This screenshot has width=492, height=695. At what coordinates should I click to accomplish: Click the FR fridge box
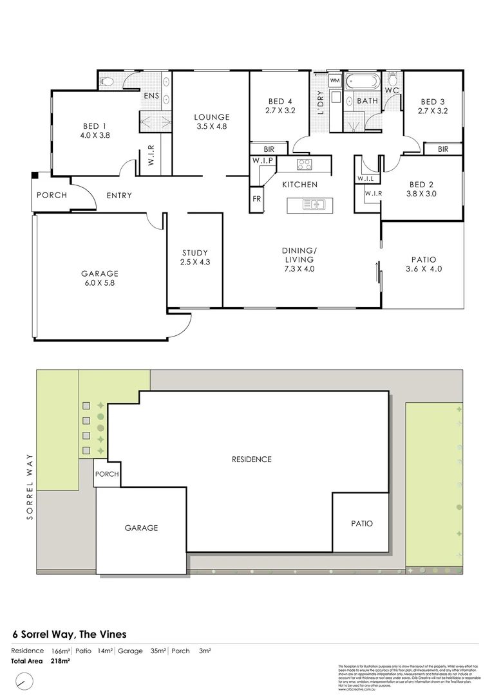click(x=256, y=199)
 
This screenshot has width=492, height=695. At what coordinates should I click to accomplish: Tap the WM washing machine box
click(x=335, y=81)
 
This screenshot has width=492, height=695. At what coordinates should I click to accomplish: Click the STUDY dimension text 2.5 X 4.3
click(x=194, y=262)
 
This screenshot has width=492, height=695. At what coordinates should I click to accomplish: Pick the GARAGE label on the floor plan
click(x=99, y=273)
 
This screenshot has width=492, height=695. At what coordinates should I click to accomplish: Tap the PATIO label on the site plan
click(x=361, y=523)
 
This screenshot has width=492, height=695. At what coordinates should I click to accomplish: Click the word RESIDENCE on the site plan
click(x=251, y=459)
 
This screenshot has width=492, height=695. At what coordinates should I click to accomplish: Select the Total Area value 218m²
click(x=60, y=660)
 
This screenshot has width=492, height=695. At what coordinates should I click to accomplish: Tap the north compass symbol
click(x=24, y=680)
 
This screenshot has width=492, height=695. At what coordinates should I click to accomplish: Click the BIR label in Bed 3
click(x=443, y=149)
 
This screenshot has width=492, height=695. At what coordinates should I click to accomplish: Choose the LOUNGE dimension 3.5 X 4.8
click(x=212, y=127)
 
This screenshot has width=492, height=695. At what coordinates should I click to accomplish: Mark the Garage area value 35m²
click(x=158, y=651)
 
